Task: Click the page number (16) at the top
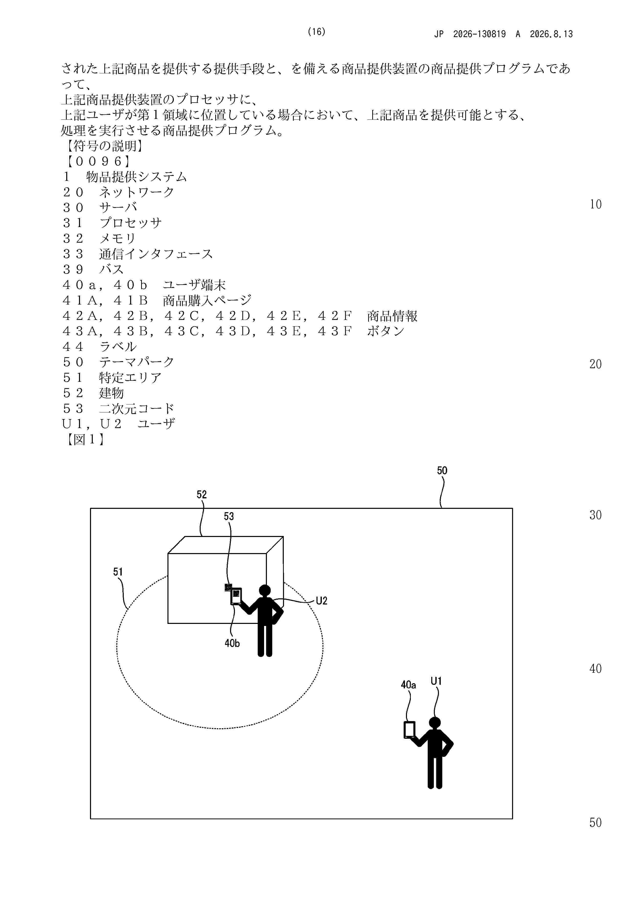point(316,32)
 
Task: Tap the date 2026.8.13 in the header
point(551,34)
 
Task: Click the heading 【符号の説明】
point(104,146)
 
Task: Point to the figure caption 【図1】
point(85,440)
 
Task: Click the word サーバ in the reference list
point(118,207)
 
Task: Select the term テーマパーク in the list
point(137,362)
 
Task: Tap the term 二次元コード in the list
point(137,408)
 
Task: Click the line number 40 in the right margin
point(595,669)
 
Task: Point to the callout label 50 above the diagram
point(442,470)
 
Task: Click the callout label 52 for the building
point(201,495)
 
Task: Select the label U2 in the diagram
point(322,601)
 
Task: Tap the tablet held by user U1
point(409,730)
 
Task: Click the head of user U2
point(265,590)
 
